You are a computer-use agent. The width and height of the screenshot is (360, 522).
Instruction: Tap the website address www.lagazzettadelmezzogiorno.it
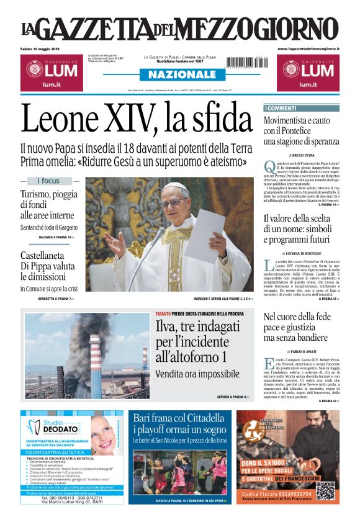(x=308, y=49)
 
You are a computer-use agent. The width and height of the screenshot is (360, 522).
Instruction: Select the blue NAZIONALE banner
(x=179, y=74)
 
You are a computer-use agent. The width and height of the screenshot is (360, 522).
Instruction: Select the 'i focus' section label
(x=49, y=181)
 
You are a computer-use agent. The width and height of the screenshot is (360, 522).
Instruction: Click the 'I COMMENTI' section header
(x=281, y=108)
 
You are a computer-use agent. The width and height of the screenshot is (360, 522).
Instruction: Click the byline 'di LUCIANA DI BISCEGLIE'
(x=302, y=253)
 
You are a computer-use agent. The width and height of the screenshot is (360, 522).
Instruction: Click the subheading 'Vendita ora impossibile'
(x=197, y=374)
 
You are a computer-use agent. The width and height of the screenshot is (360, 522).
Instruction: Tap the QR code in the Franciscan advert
(x=325, y=490)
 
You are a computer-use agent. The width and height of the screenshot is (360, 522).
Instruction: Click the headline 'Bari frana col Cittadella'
(x=179, y=417)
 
